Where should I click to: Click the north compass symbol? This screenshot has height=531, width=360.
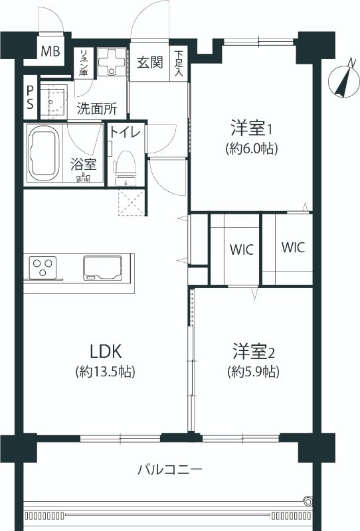344,81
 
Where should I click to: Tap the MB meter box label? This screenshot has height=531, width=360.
50,51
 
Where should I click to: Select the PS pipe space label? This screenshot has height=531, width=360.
30,97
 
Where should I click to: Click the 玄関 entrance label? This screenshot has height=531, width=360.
150,62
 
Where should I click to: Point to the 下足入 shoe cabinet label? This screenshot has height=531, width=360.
179,63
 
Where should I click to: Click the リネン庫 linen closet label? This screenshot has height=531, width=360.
83,62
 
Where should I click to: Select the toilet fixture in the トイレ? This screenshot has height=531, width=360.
125,169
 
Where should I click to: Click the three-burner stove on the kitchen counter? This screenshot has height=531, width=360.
43,267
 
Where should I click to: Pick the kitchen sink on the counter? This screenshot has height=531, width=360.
102,268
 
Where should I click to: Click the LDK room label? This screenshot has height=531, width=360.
106,351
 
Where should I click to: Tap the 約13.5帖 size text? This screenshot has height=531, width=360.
106,372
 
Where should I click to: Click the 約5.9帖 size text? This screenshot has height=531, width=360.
254,372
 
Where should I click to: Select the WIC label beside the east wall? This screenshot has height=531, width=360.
293,247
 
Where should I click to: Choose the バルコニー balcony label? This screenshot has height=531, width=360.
170,469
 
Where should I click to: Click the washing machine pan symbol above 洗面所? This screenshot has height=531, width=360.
112,62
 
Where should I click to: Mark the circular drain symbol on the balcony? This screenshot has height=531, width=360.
308,500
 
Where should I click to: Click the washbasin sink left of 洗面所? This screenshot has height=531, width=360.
54,101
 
